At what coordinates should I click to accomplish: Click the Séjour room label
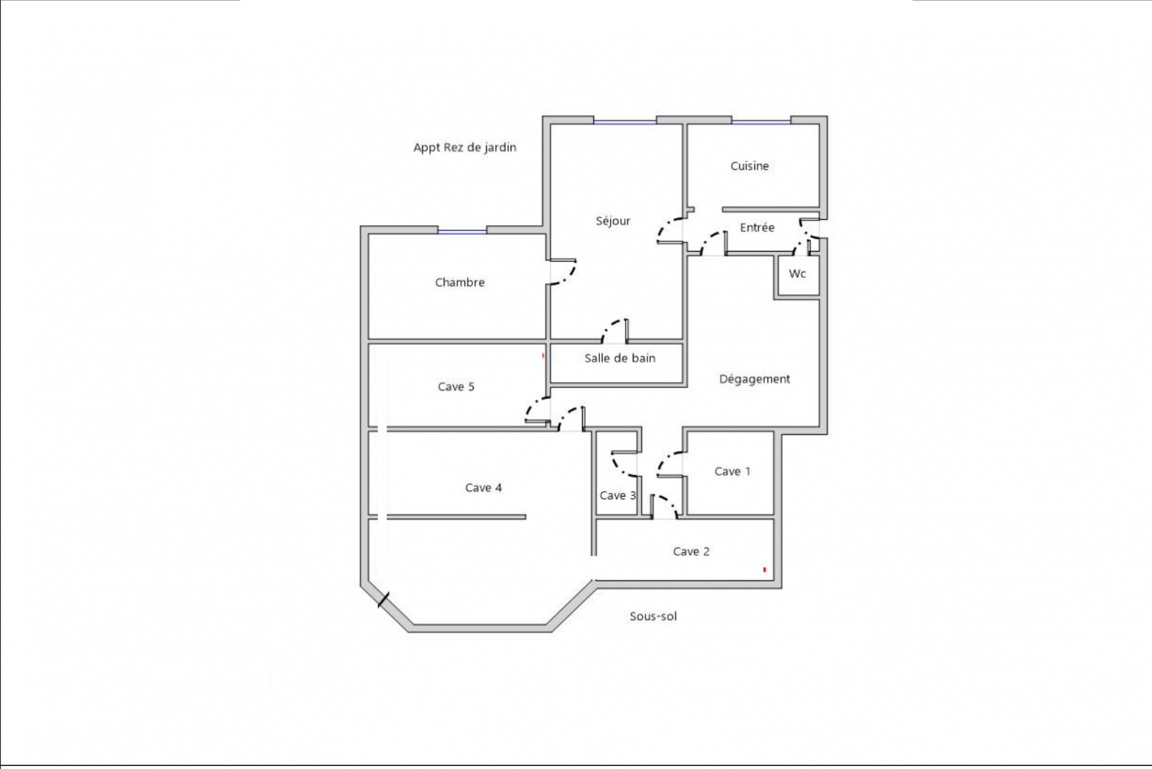(613, 221)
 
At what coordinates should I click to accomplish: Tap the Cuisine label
(749, 166)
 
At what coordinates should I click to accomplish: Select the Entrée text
(757, 228)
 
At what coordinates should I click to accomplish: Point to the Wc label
(797, 274)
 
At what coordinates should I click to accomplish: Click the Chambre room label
(460, 282)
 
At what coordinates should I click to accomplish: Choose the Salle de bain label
(620, 358)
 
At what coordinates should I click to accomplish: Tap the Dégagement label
(754, 379)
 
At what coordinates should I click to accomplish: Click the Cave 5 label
(456, 387)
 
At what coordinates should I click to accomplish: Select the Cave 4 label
(483, 487)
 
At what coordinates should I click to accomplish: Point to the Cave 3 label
(617, 495)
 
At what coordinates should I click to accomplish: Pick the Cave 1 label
(732, 471)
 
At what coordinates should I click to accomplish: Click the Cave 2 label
(691, 551)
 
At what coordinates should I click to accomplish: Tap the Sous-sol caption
(653, 616)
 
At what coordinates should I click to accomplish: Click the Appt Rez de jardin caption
(464, 147)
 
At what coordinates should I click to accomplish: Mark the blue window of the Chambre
(461, 231)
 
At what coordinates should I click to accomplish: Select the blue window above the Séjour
(625, 121)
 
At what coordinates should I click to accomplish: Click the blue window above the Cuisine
(761, 121)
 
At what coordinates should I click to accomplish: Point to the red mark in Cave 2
(764, 569)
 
